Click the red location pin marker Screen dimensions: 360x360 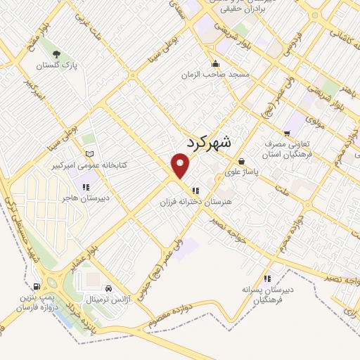(181, 167)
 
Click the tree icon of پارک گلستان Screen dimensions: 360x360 (56, 54)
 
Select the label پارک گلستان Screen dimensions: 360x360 (56, 67)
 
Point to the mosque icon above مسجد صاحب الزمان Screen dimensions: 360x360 (214, 63)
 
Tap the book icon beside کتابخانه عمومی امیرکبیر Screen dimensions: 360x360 (88, 154)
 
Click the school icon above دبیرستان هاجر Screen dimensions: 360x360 (85, 187)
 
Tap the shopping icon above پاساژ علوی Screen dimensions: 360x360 (241, 160)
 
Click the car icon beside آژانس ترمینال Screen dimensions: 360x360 (108, 288)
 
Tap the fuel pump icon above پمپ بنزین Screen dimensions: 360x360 (36, 287)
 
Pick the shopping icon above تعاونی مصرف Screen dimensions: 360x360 (286, 133)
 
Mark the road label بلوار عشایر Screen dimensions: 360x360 (85, 259)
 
